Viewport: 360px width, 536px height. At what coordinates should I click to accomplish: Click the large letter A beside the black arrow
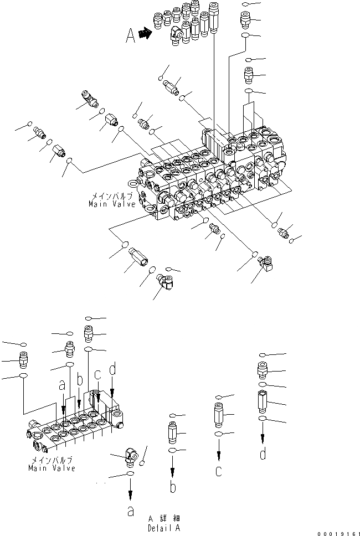[131, 36]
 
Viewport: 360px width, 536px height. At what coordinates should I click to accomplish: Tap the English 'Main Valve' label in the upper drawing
[112, 204]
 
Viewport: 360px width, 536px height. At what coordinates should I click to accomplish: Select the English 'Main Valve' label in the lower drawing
[52, 468]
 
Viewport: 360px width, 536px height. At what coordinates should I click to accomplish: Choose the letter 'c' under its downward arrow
[219, 472]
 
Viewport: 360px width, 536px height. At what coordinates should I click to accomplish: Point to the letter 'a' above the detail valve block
[62, 384]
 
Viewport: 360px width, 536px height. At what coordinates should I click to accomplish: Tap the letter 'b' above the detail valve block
[80, 380]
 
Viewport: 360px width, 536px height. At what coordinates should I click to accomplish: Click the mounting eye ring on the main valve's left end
[132, 181]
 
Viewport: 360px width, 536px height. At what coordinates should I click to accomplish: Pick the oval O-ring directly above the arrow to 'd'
[263, 419]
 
